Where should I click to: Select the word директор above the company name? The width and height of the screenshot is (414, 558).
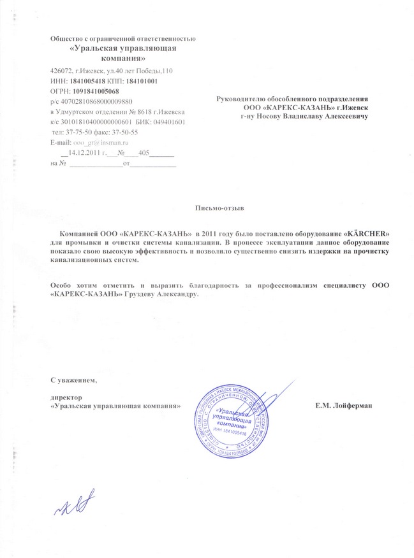coord(65,397)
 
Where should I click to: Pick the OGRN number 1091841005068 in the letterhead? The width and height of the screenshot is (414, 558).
coord(96,91)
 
